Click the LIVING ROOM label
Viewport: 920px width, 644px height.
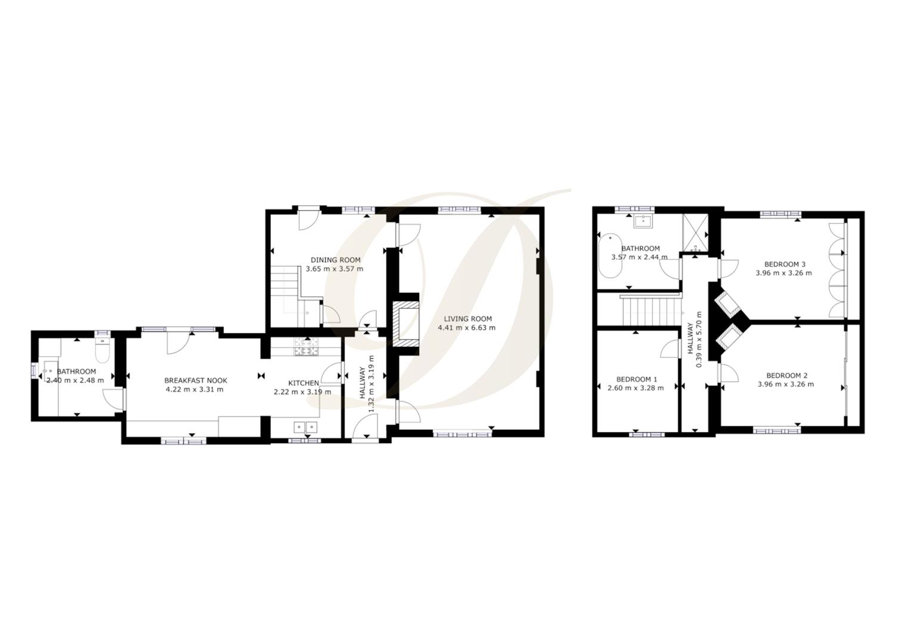coord(467,319)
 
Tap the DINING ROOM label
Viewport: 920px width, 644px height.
coord(335,260)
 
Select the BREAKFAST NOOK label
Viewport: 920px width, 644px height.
coord(196,380)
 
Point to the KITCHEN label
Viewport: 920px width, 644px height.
coord(303,383)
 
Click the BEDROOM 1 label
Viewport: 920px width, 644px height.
coord(636,379)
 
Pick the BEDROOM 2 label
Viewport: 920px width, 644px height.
coord(786,376)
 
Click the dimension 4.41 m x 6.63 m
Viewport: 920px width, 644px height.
coord(466,328)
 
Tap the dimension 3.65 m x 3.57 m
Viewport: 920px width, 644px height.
coord(334,269)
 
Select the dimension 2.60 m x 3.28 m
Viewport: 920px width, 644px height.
coord(635,388)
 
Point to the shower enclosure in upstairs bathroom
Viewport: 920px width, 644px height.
coord(695,232)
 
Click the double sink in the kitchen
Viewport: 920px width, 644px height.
coord(305,426)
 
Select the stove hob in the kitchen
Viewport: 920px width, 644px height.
coord(306,348)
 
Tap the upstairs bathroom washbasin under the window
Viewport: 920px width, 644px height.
coord(643,221)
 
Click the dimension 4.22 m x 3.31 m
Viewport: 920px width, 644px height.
coord(194,390)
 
